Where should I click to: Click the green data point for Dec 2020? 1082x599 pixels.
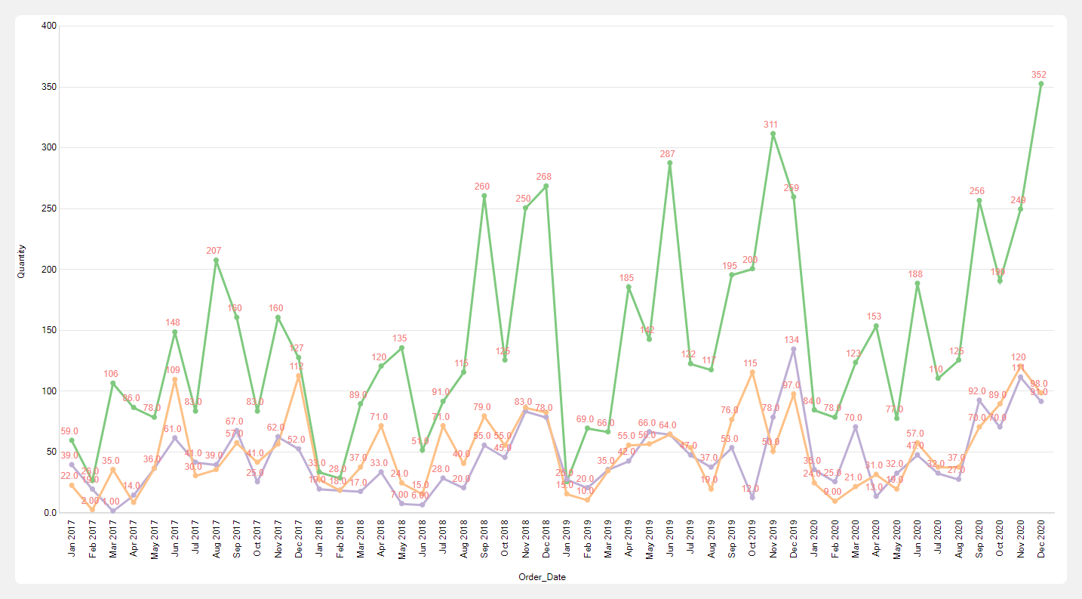(x=1041, y=84)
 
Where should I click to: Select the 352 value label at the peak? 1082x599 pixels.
(x=1039, y=75)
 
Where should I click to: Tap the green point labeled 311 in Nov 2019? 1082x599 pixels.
(x=773, y=134)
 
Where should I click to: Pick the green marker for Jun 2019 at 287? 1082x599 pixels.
(x=670, y=162)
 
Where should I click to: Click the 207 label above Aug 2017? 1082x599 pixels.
(x=215, y=250)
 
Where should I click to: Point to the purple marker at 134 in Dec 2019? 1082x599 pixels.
(x=794, y=349)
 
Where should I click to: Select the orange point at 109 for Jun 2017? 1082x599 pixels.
(x=175, y=379)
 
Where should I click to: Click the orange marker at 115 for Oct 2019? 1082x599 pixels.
(x=752, y=372)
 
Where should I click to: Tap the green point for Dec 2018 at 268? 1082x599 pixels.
(x=546, y=186)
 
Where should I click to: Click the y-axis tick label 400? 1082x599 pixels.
(x=48, y=26)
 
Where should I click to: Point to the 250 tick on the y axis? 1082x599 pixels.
(x=48, y=208)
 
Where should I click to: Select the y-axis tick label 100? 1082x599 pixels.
(x=48, y=391)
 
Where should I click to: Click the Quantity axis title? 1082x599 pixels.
(x=21, y=261)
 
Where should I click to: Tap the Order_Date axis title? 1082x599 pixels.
(x=542, y=577)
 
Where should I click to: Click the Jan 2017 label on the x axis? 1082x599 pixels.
(x=72, y=540)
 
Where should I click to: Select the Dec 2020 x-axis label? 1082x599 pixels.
(x=1041, y=540)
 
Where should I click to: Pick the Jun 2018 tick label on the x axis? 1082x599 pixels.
(x=423, y=540)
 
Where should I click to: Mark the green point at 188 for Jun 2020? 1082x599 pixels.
(x=918, y=283)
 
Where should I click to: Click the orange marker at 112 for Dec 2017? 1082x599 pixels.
(x=299, y=375)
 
